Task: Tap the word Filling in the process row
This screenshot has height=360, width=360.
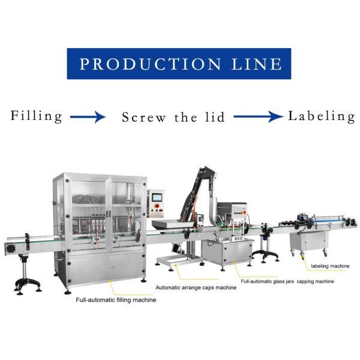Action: pos(36,116)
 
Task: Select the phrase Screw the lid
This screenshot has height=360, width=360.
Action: pos(173,117)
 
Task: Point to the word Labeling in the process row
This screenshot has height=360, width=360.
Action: pos(322,116)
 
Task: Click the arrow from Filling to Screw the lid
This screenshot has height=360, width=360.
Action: pos(88,117)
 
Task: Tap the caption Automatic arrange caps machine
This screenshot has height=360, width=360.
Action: pos(196,288)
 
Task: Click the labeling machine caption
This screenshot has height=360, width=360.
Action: pos(329,265)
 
